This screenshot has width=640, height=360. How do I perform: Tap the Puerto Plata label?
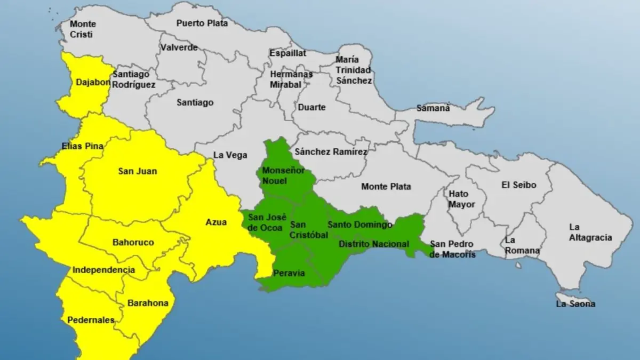click(202, 23)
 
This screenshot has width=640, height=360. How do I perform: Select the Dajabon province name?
click(93, 83)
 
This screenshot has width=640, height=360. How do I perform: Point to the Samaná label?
click(433, 108)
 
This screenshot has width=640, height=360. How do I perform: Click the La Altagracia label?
click(590, 233)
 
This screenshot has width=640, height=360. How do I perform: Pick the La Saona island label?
click(575, 304)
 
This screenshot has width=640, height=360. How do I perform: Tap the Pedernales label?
click(91, 320)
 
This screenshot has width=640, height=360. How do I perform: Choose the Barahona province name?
click(148, 303)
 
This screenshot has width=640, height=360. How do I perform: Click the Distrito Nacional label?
click(374, 244)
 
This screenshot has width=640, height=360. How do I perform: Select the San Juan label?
click(138, 171)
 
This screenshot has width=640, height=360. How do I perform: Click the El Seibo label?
click(519, 185)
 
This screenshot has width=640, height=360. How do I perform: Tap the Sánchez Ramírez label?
click(331, 151)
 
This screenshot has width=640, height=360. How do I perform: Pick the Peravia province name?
click(289, 273)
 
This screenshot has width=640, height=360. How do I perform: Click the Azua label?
click(216, 222)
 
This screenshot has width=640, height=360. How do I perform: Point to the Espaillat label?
click(288, 53)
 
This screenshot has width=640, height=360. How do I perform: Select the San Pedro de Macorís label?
click(452, 249)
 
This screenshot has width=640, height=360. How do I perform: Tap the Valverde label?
click(179, 47)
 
